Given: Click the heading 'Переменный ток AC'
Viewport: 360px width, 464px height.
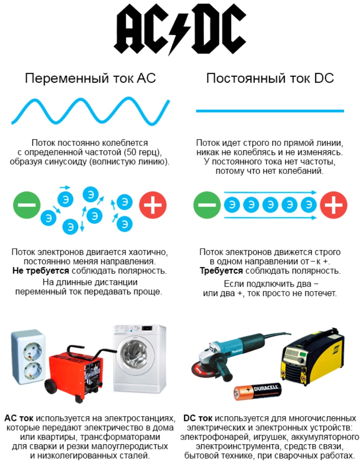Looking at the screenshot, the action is [90, 78].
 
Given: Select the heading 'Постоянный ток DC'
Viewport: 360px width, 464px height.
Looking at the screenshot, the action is [270, 78].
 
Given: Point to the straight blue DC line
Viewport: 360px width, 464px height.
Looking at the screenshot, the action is [270, 111].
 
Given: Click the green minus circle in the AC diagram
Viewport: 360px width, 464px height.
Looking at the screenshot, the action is [27, 205].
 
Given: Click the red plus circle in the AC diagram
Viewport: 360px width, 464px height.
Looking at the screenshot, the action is [153, 205].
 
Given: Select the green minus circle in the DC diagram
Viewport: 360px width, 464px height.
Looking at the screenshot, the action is [207, 205].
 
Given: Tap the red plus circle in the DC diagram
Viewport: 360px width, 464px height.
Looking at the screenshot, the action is [333, 205].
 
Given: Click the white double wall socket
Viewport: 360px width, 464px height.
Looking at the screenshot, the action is [28, 357].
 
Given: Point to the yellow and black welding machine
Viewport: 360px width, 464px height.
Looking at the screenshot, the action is [312, 355].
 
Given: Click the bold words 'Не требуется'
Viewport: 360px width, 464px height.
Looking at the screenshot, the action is [40, 271].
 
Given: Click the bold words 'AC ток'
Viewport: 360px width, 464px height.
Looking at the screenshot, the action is [19, 418].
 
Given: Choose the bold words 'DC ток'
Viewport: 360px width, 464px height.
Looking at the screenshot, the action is [198, 418].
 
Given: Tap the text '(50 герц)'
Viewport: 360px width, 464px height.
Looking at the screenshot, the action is [143, 152].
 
